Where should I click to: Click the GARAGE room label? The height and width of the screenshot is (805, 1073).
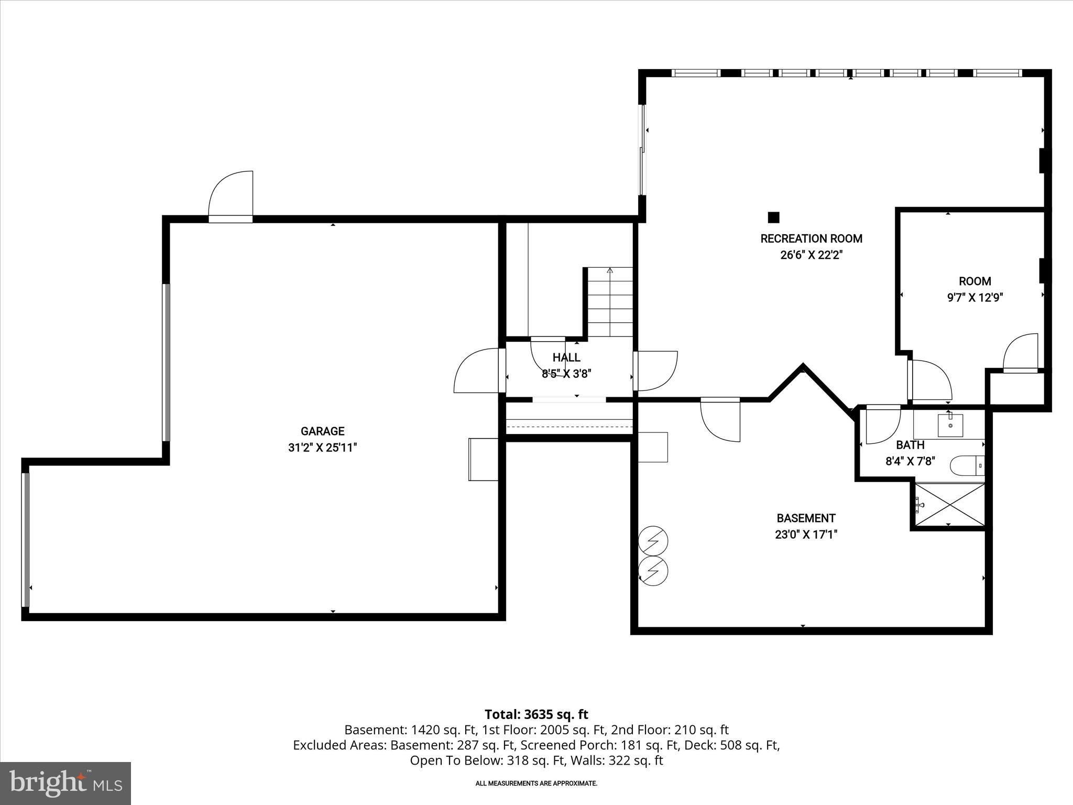click(322, 431)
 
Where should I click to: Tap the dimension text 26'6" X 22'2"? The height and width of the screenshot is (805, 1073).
click(811, 255)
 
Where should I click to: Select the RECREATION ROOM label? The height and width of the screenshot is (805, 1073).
click(811, 238)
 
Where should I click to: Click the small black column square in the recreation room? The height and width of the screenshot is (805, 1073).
click(773, 217)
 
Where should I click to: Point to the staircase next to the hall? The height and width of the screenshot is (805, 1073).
click(610, 302)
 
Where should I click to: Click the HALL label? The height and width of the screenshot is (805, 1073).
click(566, 357)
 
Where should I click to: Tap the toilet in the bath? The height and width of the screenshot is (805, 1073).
click(967, 465)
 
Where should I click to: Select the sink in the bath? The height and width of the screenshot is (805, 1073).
click(950, 425)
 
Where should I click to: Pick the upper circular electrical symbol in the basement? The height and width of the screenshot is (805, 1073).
click(653, 540)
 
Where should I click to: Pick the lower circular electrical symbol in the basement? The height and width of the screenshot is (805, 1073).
click(653, 570)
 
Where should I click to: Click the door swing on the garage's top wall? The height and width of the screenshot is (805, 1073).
click(231, 195)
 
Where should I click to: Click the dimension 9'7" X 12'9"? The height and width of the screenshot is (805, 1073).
click(975, 298)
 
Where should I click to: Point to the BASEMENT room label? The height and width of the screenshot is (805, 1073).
click(806, 518)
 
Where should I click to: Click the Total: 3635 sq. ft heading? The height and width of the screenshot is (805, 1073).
click(536, 714)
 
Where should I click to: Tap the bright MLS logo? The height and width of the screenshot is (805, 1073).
click(65, 783)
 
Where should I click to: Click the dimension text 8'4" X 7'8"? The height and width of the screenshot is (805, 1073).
click(910, 461)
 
